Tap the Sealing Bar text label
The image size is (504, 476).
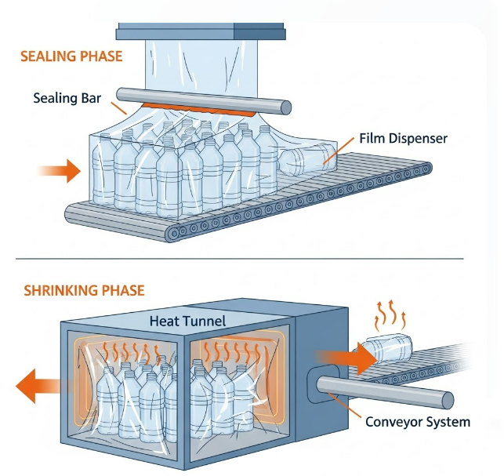pos(67,99)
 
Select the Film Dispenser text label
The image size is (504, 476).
pos(402,138)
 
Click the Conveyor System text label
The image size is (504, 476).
pos(418,422)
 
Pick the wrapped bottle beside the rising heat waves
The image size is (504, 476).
pos(387,346)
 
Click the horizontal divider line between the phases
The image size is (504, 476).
pos(251,258)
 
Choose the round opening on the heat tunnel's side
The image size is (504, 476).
pos(320,382)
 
